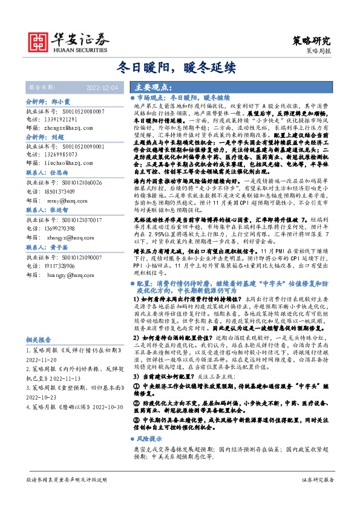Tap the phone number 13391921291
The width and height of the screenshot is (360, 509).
click(x=59, y=120)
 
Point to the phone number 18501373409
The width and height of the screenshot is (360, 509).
click(x=59, y=190)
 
